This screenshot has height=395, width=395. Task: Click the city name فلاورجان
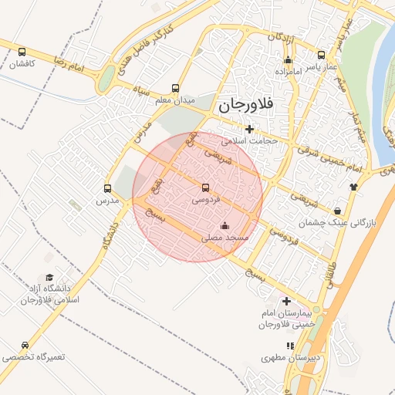(x=252, y=105)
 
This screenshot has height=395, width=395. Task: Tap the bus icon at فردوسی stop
(x=205, y=187)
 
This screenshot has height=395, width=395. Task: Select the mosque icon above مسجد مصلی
(x=225, y=226)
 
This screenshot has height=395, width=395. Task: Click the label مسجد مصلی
(x=225, y=238)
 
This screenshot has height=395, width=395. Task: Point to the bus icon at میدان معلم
(x=175, y=89)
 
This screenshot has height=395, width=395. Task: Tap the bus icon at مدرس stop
(x=107, y=187)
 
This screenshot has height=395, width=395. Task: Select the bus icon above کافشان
(x=22, y=52)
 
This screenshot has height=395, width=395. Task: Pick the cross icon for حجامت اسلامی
(x=248, y=130)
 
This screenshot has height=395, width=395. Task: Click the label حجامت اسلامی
(x=249, y=141)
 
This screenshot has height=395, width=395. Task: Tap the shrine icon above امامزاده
(x=289, y=59)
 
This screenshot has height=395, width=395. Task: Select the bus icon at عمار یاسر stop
(x=321, y=55)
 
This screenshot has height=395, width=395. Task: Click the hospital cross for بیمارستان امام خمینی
(x=287, y=301)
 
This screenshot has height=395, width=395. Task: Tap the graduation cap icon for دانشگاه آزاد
(x=49, y=277)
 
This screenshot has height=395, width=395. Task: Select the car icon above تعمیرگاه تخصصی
(x=26, y=346)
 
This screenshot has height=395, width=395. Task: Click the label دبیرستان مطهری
(x=291, y=358)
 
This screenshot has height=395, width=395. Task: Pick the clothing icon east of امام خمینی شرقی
(x=354, y=186)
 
